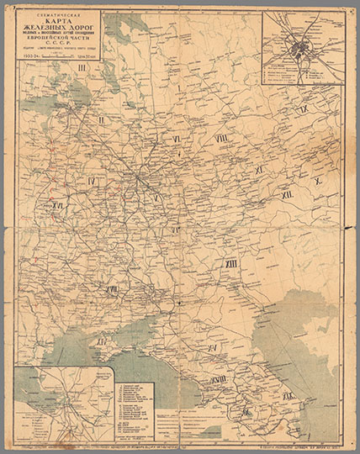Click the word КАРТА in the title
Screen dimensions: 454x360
(x=57, y=24)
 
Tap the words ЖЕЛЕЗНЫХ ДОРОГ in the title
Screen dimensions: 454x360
(x=57, y=35)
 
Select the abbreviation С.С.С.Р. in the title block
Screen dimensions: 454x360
(x=57, y=62)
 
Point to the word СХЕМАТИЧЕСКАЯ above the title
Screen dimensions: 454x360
(x=57, y=15)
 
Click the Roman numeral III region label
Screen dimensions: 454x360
(x=82, y=67)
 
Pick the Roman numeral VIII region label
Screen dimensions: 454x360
(x=223, y=137)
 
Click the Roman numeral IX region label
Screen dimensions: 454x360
(x=304, y=110)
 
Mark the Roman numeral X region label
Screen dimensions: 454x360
(x=317, y=182)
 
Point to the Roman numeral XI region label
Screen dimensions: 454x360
(x=260, y=170)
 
